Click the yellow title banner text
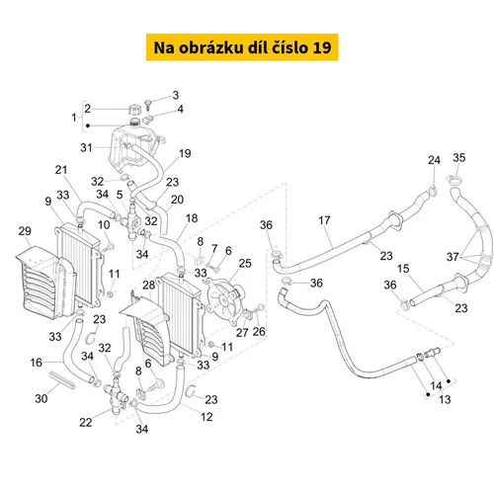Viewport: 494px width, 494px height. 242,47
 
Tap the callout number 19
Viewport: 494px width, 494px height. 185,153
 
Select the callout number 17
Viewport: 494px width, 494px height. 324,220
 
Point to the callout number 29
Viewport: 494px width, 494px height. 25,231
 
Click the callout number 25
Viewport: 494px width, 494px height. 245,263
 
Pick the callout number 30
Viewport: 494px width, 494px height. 41,398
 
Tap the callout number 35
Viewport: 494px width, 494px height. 458,157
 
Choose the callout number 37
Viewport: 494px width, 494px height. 453,257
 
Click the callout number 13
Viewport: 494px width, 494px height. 445,399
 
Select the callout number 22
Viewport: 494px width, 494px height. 86,422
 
